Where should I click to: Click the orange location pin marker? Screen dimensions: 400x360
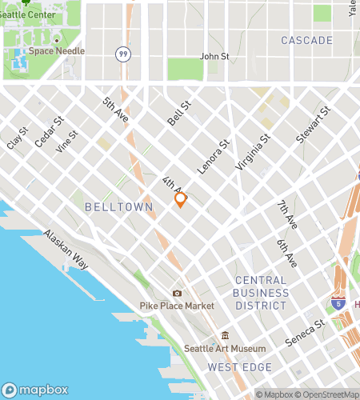tap(181, 199)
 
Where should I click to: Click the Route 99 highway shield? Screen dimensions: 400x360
tap(122, 54)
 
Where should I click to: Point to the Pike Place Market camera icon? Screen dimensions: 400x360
tap(177, 294)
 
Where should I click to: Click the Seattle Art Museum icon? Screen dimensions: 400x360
tap(225, 335)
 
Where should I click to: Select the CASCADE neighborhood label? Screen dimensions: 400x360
tap(306, 40)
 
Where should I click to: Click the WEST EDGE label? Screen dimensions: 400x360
tap(239, 367)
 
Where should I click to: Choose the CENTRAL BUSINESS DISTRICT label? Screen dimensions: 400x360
tap(261, 292)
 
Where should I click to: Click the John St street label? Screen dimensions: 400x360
tap(214, 57)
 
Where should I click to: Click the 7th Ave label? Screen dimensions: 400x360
tap(286, 214)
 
